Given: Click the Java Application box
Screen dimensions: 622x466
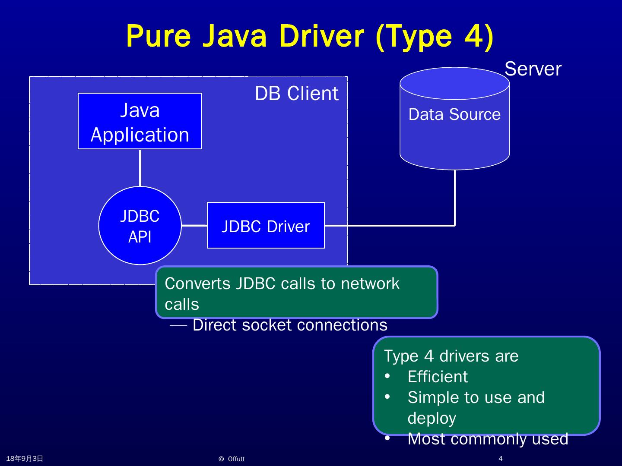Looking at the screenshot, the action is click(x=140, y=121).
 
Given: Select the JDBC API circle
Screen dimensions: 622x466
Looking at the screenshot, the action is click(x=140, y=226).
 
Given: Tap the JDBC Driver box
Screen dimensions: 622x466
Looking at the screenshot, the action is click(x=266, y=225).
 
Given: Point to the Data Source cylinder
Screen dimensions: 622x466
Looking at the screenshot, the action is click(x=454, y=119).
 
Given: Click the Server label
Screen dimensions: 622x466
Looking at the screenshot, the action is click(x=533, y=69).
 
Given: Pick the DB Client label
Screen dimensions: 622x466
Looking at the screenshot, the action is click(x=296, y=93).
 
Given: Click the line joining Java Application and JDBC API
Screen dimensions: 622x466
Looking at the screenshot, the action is click(x=140, y=168).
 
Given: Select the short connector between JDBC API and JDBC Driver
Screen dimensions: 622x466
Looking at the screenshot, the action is click(x=194, y=226).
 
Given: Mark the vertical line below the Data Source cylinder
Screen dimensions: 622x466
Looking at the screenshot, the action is click(x=454, y=198).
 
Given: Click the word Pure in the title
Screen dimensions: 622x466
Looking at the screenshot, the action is click(x=159, y=36).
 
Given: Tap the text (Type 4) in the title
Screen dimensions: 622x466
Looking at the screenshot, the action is click(x=435, y=37).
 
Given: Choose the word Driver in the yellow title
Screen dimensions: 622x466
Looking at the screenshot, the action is click(x=321, y=36).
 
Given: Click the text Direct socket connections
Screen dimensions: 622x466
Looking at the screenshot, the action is click(x=290, y=324).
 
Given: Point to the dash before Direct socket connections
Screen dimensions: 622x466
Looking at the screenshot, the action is click(x=178, y=325).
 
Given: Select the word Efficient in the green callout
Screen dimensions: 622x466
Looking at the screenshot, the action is click(x=438, y=377).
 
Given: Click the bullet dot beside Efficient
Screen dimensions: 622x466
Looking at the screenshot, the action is click(x=387, y=376).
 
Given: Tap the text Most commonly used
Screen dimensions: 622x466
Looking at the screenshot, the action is click(x=488, y=439).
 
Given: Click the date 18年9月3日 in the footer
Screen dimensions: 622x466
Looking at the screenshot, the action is click(x=25, y=458).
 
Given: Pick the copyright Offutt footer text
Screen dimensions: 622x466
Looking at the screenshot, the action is click(x=232, y=459).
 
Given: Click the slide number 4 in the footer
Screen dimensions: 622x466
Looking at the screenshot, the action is click(x=501, y=458).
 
